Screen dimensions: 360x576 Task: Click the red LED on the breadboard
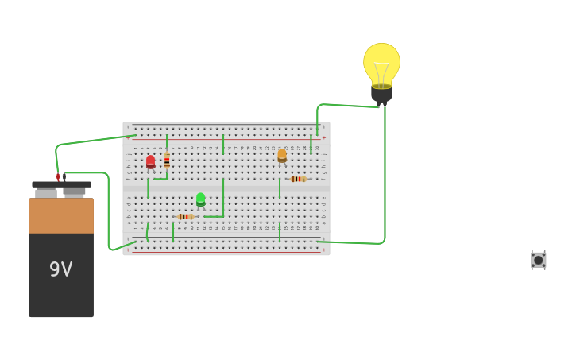[150, 162]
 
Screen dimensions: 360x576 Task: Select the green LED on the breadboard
[200, 199]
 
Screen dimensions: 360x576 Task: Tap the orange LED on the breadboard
[282, 156]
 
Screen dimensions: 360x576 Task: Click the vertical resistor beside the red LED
[167, 161]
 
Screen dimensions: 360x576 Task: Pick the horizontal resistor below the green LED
[185, 216]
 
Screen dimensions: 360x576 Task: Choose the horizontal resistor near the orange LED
[298, 179]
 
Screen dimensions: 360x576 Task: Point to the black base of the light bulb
[381, 93]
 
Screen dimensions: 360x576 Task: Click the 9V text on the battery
[61, 269]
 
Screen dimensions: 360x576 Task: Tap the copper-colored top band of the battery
[61, 215]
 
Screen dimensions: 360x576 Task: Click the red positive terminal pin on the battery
[58, 177]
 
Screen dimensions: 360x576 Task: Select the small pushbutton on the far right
[538, 260]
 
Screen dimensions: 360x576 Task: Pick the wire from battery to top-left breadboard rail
[91, 141]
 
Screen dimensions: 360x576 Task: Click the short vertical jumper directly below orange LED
[279, 188]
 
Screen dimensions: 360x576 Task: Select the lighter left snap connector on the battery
[46, 192]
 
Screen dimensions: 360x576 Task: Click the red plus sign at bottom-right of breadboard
[323, 250]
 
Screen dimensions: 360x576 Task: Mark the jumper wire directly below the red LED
[148, 188]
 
